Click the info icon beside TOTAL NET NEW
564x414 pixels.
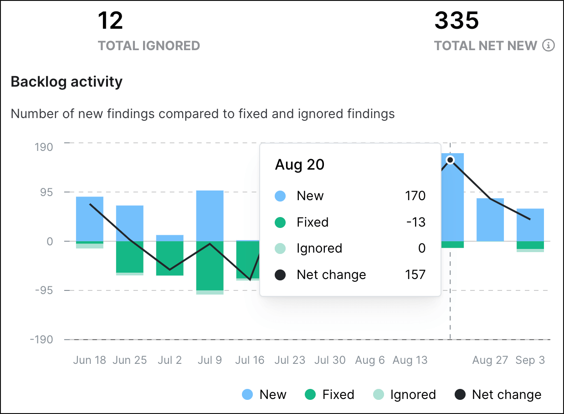coord(549,46)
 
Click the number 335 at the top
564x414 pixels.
coord(456,21)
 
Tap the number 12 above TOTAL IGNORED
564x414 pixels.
coord(110,21)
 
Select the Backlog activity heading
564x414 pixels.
coord(67,82)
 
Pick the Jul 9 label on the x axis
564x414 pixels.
coord(210,360)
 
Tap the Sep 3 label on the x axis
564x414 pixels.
coord(530,360)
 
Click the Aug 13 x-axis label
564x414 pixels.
coord(410,360)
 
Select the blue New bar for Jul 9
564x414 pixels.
coord(210,215)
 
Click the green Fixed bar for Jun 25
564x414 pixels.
coord(129,257)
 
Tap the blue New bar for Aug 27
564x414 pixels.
coord(490,219)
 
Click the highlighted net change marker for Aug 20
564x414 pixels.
coord(450,160)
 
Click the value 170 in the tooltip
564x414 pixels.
coord(415,196)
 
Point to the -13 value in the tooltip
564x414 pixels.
coord(415,222)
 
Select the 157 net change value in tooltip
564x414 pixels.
coord(415,274)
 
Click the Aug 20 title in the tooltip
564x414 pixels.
coord(299,165)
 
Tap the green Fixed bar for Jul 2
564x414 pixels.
coord(169,258)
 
